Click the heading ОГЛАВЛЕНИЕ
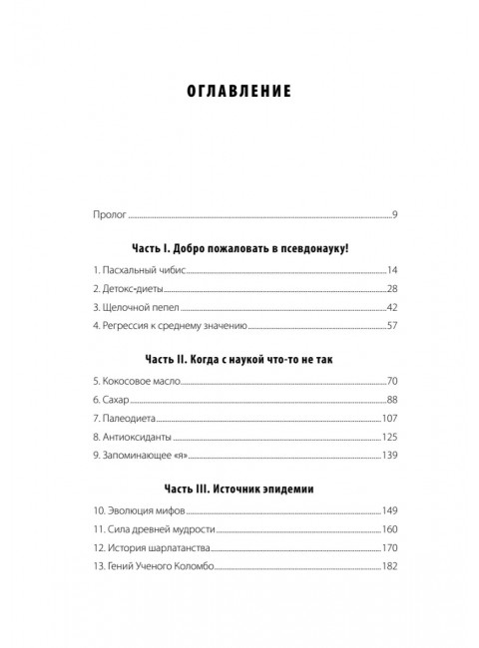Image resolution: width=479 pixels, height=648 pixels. (239, 92)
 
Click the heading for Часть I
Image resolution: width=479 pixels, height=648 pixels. (239, 244)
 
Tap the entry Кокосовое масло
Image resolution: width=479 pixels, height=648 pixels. (132, 381)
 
